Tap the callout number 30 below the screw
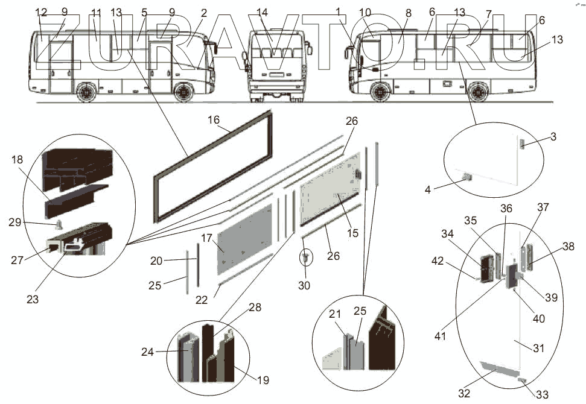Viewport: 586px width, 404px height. [x=304, y=285]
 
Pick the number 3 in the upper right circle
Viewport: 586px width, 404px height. [x=552, y=137]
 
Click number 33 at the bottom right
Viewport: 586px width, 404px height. [x=542, y=394]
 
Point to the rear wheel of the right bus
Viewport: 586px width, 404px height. [x=477, y=92]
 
